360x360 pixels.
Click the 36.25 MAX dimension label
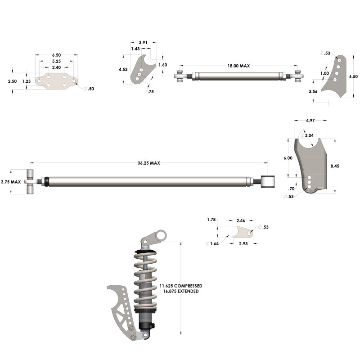point(149,163)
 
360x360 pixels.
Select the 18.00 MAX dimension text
point(238,66)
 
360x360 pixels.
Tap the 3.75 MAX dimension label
point(11,182)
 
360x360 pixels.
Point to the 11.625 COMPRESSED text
point(181,286)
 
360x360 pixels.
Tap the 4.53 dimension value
point(123,70)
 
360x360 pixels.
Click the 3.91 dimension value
point(143,42)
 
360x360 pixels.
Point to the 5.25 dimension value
point(56,61)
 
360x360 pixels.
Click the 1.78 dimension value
point(211,220)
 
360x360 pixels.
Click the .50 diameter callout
point(90,89)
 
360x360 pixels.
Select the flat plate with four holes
point(56,81)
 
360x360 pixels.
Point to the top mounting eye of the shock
point(161,234)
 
